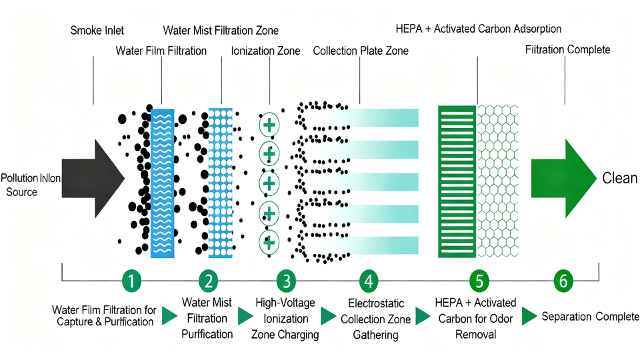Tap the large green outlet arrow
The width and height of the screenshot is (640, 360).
click(x=563, y=179)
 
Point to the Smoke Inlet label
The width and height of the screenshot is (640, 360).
click(x=97, y=31)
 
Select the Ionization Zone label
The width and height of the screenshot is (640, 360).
click(x=265, y=51)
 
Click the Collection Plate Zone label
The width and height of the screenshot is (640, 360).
click(x=361, y=51)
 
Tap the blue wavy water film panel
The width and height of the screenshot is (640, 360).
click(x=163, y=183)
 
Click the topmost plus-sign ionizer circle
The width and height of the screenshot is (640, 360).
click(x=269, y=124)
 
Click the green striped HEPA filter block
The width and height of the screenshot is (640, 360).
click(x=456, y=181)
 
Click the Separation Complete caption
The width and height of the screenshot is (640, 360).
click(x=591, y=316)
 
